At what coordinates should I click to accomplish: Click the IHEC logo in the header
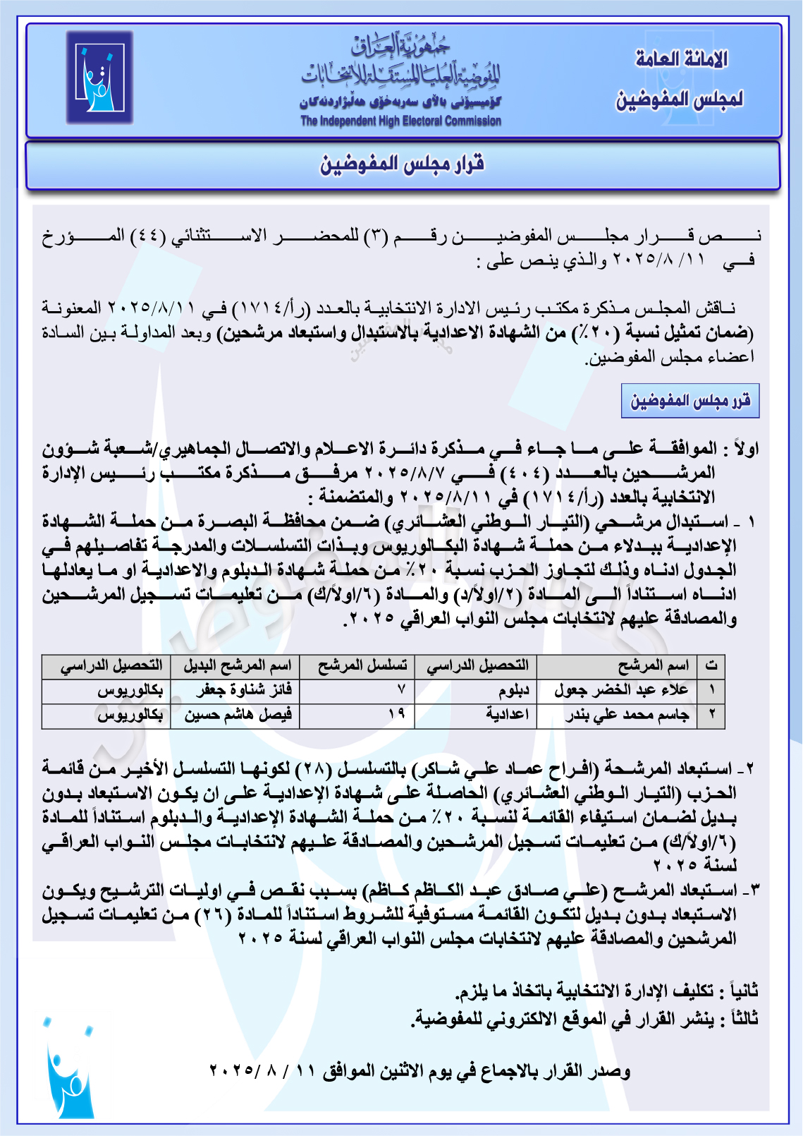99,78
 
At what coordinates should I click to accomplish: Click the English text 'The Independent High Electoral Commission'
400,121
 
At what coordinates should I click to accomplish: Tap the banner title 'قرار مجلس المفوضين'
402,165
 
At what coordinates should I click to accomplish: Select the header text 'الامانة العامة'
681,59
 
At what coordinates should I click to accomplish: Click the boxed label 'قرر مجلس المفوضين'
689,401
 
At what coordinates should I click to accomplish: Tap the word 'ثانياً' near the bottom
742,991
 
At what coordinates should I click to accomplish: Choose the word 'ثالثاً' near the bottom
742,1019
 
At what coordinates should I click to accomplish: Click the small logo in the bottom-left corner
69,1071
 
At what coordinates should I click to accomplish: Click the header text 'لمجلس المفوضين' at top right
679,99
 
